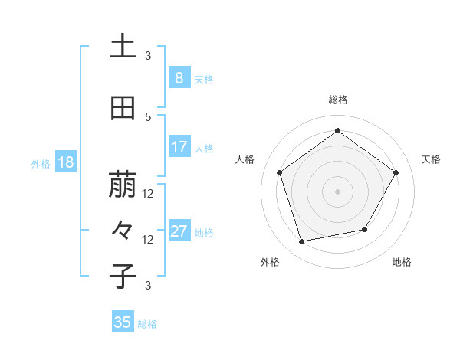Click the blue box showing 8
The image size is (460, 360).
pos(179,77)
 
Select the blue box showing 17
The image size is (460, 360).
pos(179,147)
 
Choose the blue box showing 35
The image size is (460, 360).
pos(123,322)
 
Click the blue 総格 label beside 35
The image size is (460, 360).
pos(147,324)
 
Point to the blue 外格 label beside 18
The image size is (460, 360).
pos(41,163)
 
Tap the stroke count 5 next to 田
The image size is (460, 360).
pos(148,116)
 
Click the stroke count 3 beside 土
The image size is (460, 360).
pos(148,55)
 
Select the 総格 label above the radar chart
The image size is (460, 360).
pos(337,100)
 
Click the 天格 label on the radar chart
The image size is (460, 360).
pos(431,159)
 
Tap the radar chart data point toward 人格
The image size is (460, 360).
pos(279,172)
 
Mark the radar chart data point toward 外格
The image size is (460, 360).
pos(302,242)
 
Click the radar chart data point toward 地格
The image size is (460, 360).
pos(365,229)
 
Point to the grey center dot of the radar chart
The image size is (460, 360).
pos(337,191)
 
